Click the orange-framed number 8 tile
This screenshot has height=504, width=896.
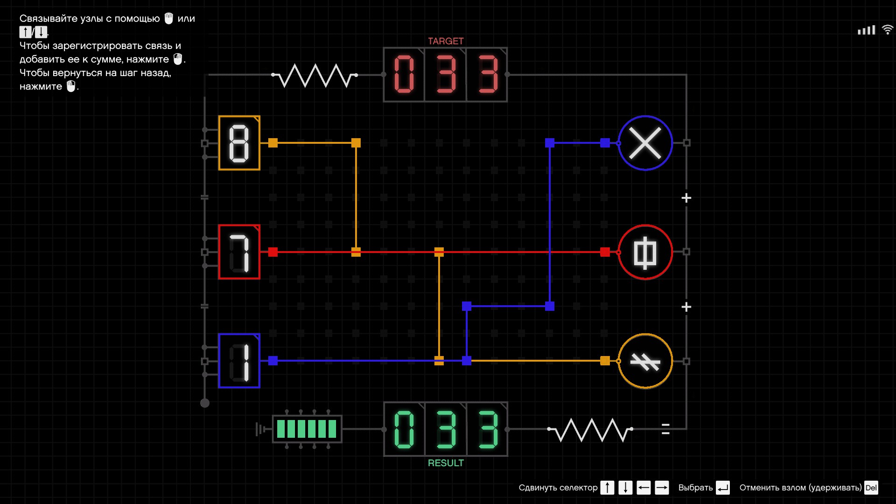pos(239,143)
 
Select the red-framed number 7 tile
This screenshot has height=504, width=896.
pos(239,252)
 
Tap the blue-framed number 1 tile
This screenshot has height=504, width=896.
pos(239,361)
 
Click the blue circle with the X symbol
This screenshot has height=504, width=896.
pos(645,143)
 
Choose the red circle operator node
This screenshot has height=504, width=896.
pos(645,252)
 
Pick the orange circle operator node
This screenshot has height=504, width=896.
pos(645,361)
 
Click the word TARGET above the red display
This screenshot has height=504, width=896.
pos(446,41)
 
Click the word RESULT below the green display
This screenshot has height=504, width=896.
pos(446,463)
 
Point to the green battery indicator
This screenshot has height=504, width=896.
pos(307,428)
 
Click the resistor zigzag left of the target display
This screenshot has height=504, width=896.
pos(315,75)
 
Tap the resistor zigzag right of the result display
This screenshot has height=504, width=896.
pos(590,429)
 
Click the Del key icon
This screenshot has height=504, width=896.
pos(871,488)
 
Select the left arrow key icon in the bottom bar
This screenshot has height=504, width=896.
pos(644,488)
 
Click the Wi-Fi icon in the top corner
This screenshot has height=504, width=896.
pos(887,29)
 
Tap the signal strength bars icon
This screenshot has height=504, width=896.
pos(866,30)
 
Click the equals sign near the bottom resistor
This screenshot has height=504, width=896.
pos(665,429)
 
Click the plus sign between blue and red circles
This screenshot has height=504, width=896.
pos(686,198)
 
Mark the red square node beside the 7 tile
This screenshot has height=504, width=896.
pos(273,252)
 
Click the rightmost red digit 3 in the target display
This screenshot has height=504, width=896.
pos(488,75)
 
